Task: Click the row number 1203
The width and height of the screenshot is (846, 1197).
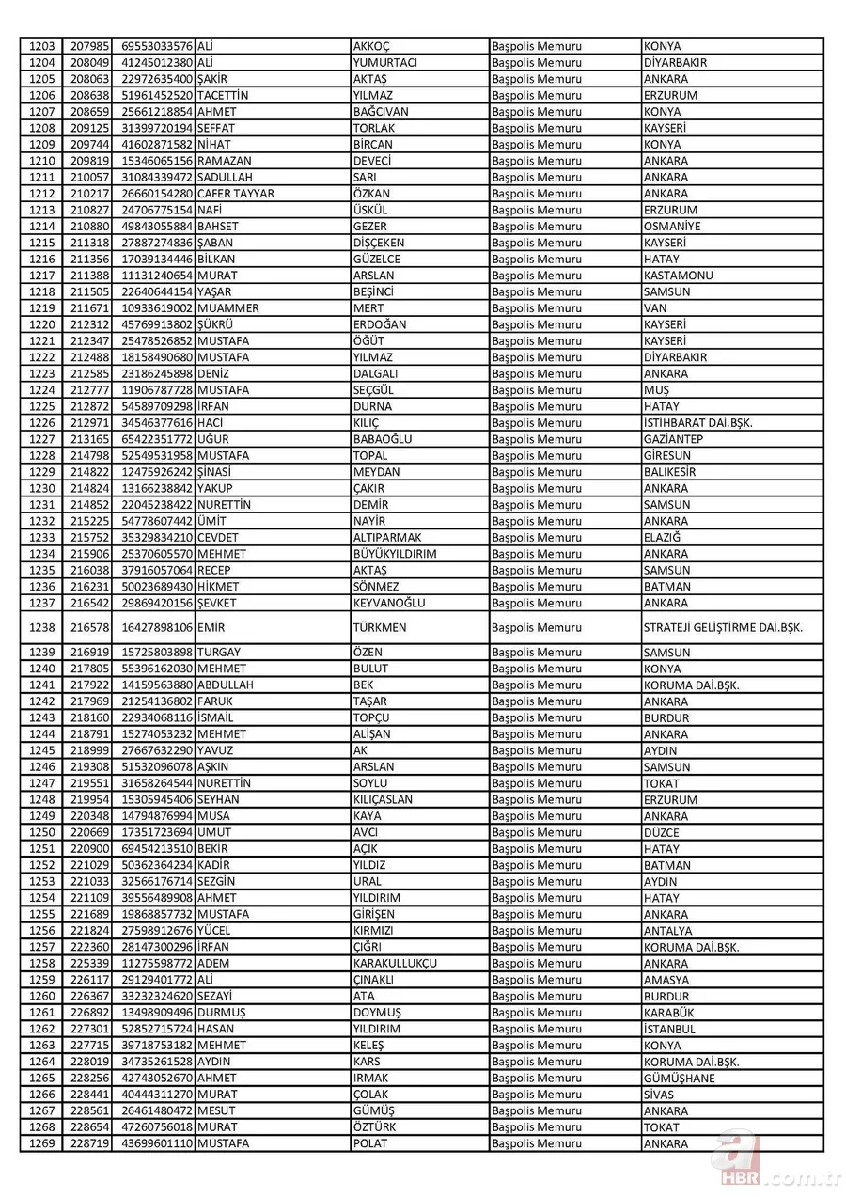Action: (43, 46)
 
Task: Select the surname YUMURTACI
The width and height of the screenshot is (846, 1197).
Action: (385, 63)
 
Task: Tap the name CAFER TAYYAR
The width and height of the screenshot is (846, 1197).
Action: (236, 194)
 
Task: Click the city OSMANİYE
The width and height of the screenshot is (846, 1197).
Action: (672, 227)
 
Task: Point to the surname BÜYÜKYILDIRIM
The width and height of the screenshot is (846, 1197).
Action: (395, 554)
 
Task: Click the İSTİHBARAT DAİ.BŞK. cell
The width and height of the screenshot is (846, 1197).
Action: (698, 423)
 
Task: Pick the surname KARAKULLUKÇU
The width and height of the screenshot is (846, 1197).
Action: (395, 964)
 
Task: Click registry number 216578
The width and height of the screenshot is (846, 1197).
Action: (91, 627)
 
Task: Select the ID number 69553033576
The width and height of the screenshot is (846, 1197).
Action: (157, 46)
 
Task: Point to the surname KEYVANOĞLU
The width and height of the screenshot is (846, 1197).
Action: (389, 603)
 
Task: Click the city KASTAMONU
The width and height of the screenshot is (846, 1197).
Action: (679, 276)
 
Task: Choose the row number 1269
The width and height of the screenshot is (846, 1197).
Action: (43, 1143)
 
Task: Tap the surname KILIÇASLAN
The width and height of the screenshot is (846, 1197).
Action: (383, 799)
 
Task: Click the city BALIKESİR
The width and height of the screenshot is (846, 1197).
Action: (671, 472)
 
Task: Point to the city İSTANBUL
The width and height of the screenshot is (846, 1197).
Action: (670, 1029)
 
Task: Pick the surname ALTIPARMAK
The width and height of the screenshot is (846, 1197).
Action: (388, 538)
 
